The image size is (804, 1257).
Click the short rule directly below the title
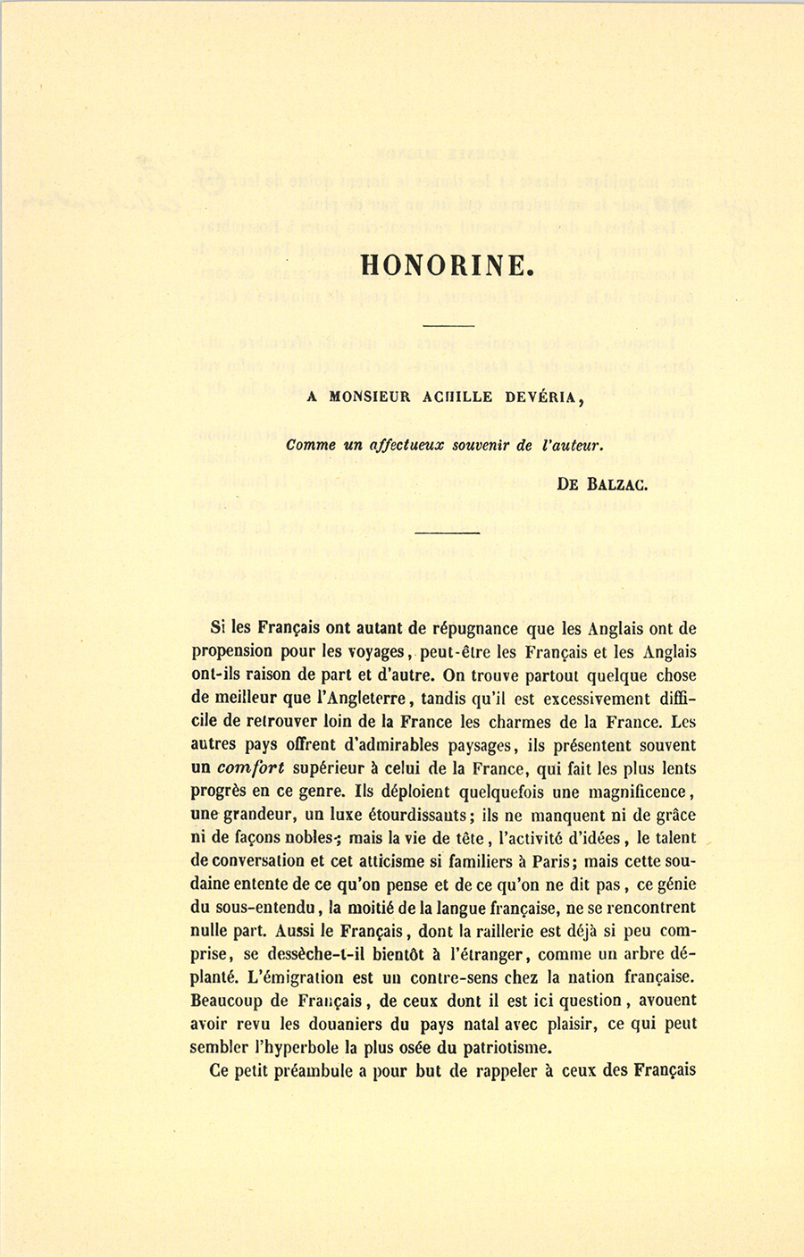coord(448,325)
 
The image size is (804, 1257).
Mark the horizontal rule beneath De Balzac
coord(448,534)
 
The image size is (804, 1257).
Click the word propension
coord(239,652)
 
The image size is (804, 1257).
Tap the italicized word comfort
coord(250,768)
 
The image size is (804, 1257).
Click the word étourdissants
coord(405,815)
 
